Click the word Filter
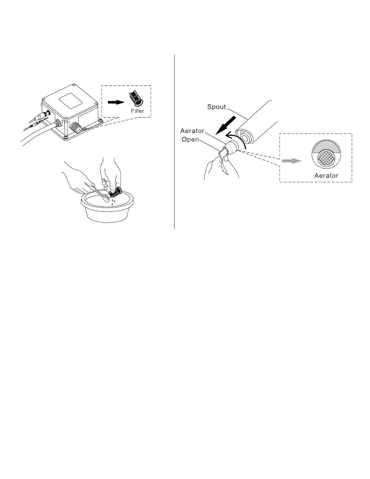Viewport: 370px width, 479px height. pyautogui.click(x=137, y=111)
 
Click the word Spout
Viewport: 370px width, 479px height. pyautogui.click(x=216, y=107)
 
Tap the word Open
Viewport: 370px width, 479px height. pyautogui.click(x=190, y=140)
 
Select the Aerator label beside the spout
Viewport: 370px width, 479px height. pyautogui.click(x=192, y=131)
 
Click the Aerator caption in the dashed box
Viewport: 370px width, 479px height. pyautogui.click(x=326, y=175)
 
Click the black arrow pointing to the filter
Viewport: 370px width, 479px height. pyautogui.click(x=116, y=102)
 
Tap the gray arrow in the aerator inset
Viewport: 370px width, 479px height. pyautogui.click(x=292, y=161)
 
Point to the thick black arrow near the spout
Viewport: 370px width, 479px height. pyautogui.click(x=225, y=125)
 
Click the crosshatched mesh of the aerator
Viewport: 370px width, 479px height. pyautogui.click(x=326, y=157)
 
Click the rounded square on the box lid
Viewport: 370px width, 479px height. pyautogui.click(x=71, y=101)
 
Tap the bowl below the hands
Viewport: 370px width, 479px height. pyautogui.click(x=107, y=207)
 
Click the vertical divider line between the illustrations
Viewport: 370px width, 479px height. pyautogui.click(x=174, y=142)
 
